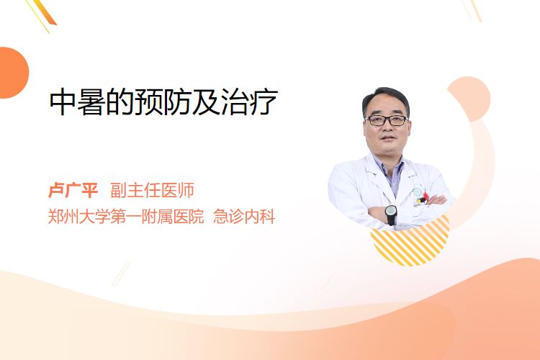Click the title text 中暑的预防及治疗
tap(163, 102)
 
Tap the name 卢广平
tap(73, 190)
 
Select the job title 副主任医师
tap(152, 190)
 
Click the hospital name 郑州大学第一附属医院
tap(126, 217)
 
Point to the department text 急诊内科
tap(244, 217)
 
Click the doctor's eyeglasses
tap(387, 120)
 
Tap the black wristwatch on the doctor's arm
tap(391, 214)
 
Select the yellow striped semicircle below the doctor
tap(410, 243)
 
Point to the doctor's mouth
tap(387, 138)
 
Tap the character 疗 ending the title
tap(264, 102)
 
